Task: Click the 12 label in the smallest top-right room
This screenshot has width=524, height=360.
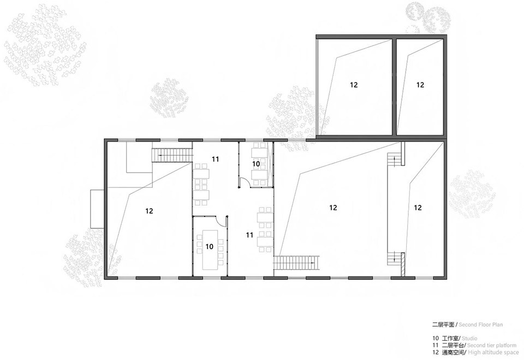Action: click(x=420, y=85)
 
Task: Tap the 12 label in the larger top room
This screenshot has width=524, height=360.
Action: click(x=354, y=85)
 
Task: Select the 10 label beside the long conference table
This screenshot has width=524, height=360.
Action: click(x=209, y=246)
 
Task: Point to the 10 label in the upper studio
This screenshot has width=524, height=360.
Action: click(x=256, y=164)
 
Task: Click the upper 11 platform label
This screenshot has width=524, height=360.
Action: click(x=216, y=160)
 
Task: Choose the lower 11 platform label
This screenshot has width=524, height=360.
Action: click(x=249, y=235)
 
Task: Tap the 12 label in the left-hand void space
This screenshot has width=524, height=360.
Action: click(x=150, y=211)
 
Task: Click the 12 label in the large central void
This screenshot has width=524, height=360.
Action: click(x=333, y=208)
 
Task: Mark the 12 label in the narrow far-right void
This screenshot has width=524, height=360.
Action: click(x=418, y=208)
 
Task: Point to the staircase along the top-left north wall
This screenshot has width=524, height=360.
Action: click(x=172, y=156)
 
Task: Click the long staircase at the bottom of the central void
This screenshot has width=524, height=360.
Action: click(x=297, y=263)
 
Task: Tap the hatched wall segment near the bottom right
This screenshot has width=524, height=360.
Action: click(x=403, y=264)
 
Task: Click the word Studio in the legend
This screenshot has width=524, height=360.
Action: click(x=469, y=339)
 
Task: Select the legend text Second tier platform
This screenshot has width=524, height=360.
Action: click(x=492, y=345)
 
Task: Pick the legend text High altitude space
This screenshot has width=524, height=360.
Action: click(x=493, y=352)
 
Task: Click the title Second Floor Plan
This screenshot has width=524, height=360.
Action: click(x=480, y=324)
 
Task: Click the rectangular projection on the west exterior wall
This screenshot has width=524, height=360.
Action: click(x=97, y=209)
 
